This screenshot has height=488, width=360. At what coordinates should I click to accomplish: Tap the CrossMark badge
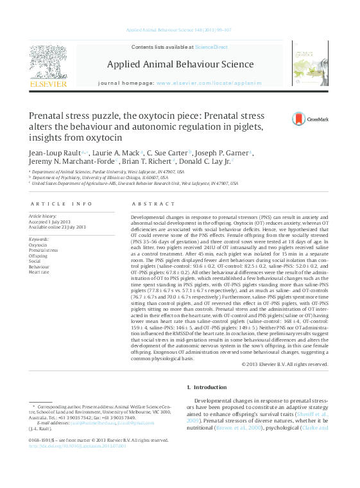point(293,119)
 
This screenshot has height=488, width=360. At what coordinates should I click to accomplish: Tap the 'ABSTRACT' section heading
point(154,204)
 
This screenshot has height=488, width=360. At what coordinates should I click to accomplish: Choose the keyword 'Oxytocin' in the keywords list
point(38,245)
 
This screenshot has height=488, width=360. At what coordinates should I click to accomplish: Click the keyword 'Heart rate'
point(39,272)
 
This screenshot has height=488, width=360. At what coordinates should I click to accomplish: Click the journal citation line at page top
point(180,30)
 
